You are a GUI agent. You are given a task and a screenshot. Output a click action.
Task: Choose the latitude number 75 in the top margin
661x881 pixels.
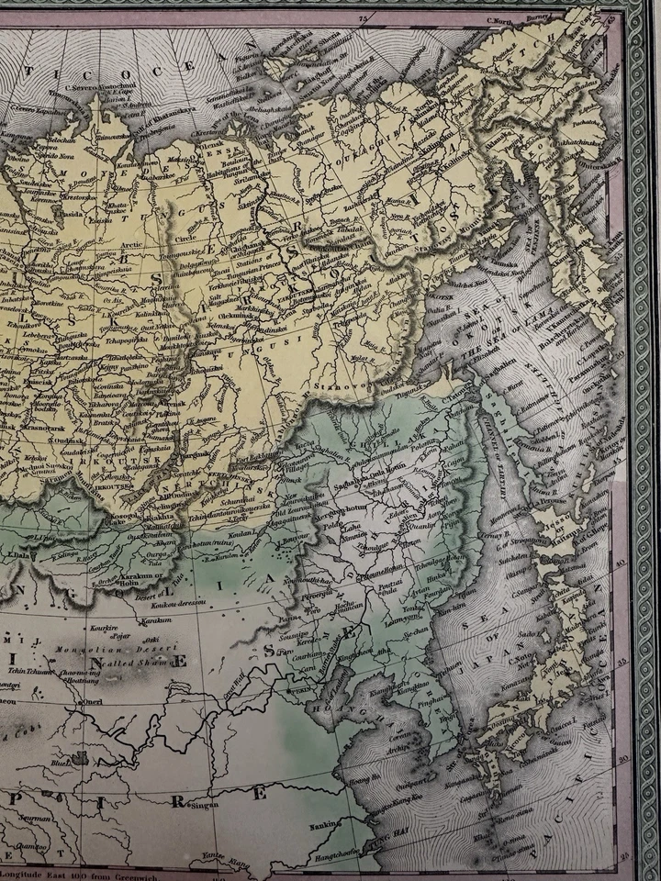[362, 17]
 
